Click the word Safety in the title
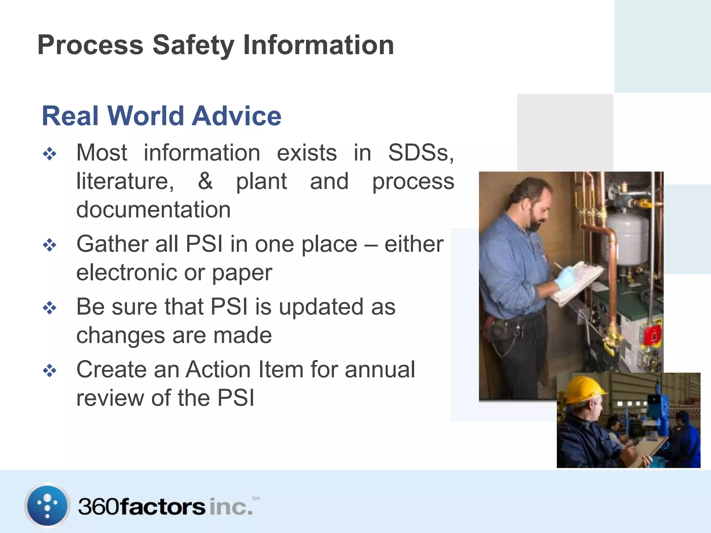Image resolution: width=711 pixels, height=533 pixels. [193, 45]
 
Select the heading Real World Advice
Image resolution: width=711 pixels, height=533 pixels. [161, 116]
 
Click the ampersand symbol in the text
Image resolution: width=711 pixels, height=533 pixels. [205, 181]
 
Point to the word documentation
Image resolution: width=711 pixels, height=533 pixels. [153, 210]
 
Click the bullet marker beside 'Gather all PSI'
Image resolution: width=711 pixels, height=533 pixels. [50, 245]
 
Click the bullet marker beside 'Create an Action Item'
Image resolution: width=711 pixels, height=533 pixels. [50, 371]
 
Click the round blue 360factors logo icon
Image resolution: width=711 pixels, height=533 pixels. [47, 505]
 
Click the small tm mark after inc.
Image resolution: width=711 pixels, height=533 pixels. [256, 498]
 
